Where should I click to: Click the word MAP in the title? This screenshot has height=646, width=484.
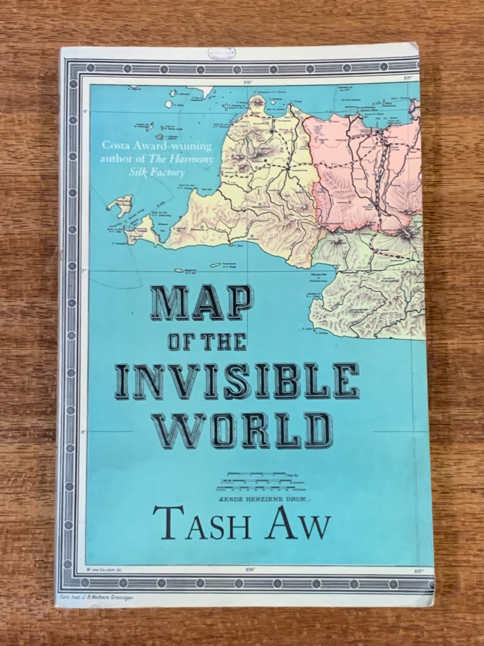tap(201, 303)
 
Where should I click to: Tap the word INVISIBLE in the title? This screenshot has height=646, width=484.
tap(237, 381)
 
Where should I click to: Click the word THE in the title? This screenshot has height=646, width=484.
tap(223, 342)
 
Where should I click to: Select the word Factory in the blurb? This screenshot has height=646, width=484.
tap(167, 172)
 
